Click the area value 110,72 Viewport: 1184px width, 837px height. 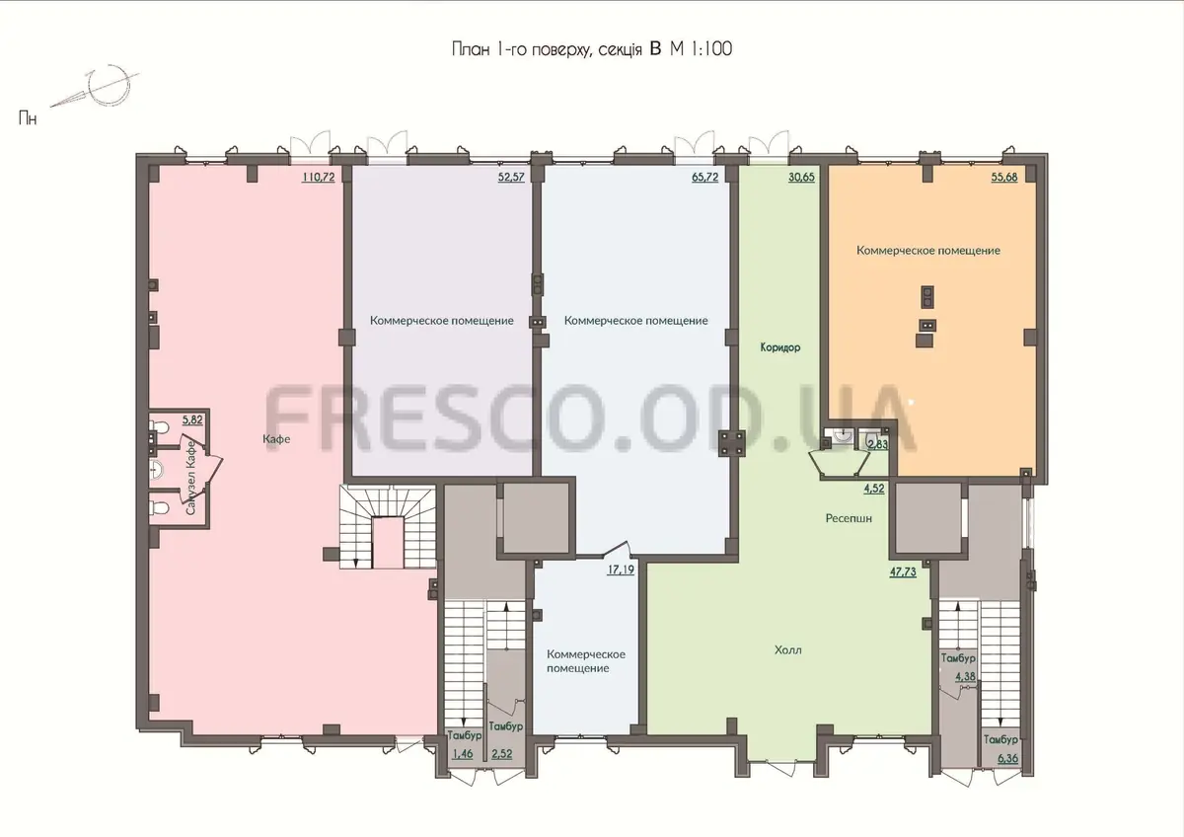click(318, 177)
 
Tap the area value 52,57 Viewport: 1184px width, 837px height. click(511, 177)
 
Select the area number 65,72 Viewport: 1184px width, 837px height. click(705, 177)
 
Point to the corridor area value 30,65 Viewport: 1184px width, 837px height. click(801, 177)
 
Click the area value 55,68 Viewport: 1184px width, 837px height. click(1004, 177)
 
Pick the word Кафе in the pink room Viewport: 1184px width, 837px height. click(276, 439)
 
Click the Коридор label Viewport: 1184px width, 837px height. click(780, 347)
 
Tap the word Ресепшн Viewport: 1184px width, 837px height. click(849, 518)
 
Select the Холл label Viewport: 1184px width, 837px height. click(788, 649)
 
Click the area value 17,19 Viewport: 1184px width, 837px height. click(621, 570)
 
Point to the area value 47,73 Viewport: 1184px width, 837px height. click(903, 571)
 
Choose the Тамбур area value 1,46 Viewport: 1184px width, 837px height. click(463, 754)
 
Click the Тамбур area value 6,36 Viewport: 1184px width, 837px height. click(1007, 758)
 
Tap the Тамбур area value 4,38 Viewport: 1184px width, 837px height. click(965, 676)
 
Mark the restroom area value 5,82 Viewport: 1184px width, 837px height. click(192, 419)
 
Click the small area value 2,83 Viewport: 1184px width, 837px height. click(878, 444)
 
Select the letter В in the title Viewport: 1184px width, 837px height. click(655, 49)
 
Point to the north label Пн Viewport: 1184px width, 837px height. click(28, 117)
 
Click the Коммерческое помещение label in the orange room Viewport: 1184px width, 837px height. click(928, 251)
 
